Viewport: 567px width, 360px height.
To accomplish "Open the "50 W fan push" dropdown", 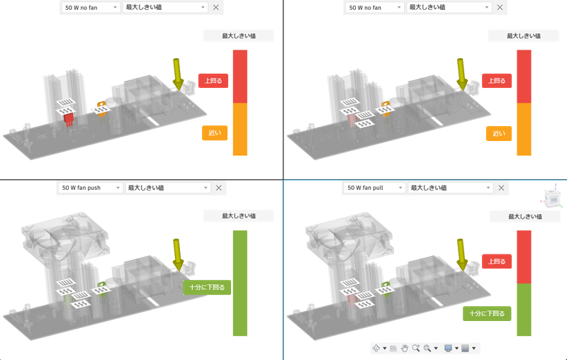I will (x=90, y=188).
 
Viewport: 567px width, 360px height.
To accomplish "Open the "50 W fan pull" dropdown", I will (x=374, y=188).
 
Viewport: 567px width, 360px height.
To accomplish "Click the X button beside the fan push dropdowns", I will (x=218, y=188).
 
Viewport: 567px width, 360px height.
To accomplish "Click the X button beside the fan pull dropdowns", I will (x=502, y=188).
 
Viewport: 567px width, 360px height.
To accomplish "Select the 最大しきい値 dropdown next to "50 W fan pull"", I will (x=449, y=188).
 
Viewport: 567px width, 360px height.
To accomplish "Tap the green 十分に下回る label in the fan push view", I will (x=207, y=288).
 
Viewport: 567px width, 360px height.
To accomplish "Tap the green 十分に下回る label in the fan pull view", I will (x=488, y=313).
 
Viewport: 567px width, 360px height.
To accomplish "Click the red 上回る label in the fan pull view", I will (x=495, y=261).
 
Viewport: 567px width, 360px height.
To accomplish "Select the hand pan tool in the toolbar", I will (x=405, y=348).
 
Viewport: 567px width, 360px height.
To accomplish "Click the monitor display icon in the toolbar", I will (x=447, y=348).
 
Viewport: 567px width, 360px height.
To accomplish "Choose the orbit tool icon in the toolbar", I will (x=376, y=348).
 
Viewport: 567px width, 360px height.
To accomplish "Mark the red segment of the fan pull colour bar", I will (x=524, y=257).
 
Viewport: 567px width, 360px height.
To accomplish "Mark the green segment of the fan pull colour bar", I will (x=524, y=310).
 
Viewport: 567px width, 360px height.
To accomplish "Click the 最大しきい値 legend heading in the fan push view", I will (x=239, y=215).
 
